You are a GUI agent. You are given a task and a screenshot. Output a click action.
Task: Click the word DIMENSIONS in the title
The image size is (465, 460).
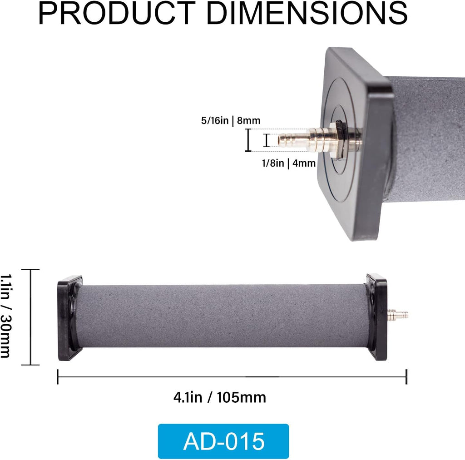click(x=307, y=13)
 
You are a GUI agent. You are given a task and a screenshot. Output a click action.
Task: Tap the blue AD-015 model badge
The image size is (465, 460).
click(x=223, y=441)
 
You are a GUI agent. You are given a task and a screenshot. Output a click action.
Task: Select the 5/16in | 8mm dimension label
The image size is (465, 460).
click(x=231, y=120)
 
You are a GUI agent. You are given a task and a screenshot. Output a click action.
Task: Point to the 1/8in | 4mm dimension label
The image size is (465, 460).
click(x=288, y=163)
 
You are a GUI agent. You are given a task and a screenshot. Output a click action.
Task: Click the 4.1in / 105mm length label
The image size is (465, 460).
click(x=220, y=397)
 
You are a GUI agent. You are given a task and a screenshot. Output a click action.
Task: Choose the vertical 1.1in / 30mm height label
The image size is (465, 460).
click(x=6, y=316)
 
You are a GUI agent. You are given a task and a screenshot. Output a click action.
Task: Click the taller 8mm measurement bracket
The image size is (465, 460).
click(x=248, y=140)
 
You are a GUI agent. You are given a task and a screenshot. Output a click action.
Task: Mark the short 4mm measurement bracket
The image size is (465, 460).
click(x=267, y=140)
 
